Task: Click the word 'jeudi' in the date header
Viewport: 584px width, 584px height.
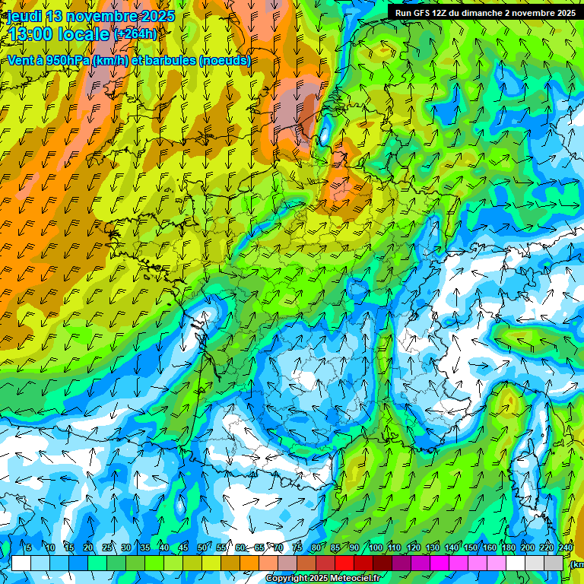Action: pyautogui.click(x=24, y=16)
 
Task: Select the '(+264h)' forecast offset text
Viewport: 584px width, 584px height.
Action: pyautogui.click(x=135, y=34)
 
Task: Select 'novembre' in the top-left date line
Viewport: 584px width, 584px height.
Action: pyautogui.click(x=102, y=16)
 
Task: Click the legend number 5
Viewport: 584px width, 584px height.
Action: pyautogui.click(x=29, y=547)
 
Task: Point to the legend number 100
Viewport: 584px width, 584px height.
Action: pyautogui.click(x=376, y=547)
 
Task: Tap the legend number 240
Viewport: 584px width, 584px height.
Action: pyautogui.click(x=566, y=547)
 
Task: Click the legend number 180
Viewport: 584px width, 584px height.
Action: pyautogui.click(x=509, y=547)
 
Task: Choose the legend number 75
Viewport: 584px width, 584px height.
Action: pyautogui.click(x=297, y=547)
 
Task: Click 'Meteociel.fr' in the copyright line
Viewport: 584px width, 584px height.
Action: pyautogui.click(x=354, y=579)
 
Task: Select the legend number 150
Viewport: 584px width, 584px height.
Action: pyautogui.click(x=471, y=547)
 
